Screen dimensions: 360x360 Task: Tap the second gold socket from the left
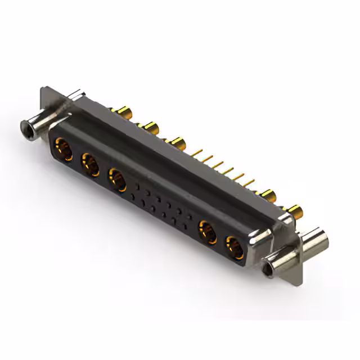point(90,165)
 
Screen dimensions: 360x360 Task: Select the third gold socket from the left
point(117,181)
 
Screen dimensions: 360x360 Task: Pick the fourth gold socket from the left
point(207,231)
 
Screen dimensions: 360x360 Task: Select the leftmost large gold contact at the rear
point(125,111)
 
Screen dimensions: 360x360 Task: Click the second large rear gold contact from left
point(150,125)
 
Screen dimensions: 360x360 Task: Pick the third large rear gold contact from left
point(177,142)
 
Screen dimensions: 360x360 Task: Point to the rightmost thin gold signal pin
point(250,183)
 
